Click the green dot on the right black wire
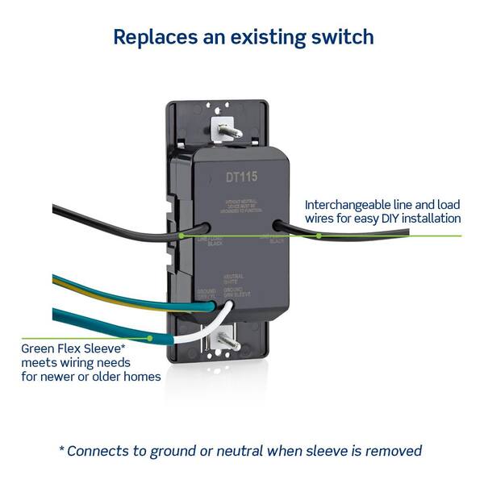(319, 236)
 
